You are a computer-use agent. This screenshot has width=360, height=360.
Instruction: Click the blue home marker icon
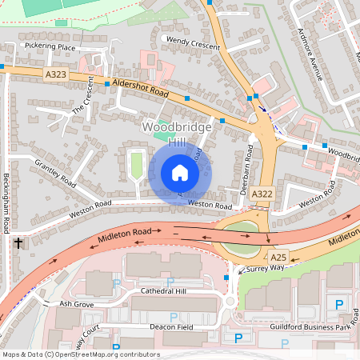point(180,173)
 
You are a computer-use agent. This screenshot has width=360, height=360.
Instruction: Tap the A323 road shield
point(56,74)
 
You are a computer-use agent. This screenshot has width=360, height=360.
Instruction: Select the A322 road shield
point(262,194)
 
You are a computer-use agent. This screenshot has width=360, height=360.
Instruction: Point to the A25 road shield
point(278,257)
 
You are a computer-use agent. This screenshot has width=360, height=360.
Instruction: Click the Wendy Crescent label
point(193,43)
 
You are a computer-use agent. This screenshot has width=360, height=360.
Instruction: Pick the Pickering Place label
point(50,47)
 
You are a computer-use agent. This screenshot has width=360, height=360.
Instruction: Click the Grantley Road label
point(54,172)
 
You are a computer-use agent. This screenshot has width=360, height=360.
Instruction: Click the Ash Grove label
point(77,305)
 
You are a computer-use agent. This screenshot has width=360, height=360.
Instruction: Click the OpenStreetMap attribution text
point(81,354)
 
